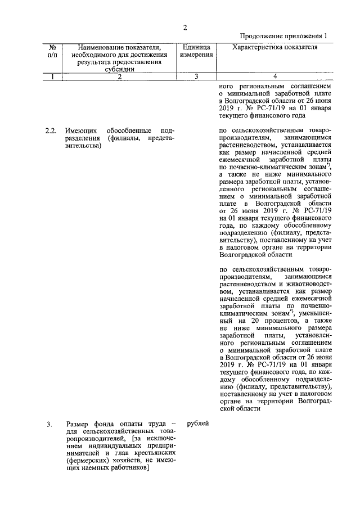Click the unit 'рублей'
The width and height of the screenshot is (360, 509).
click(x=196, y=423)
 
